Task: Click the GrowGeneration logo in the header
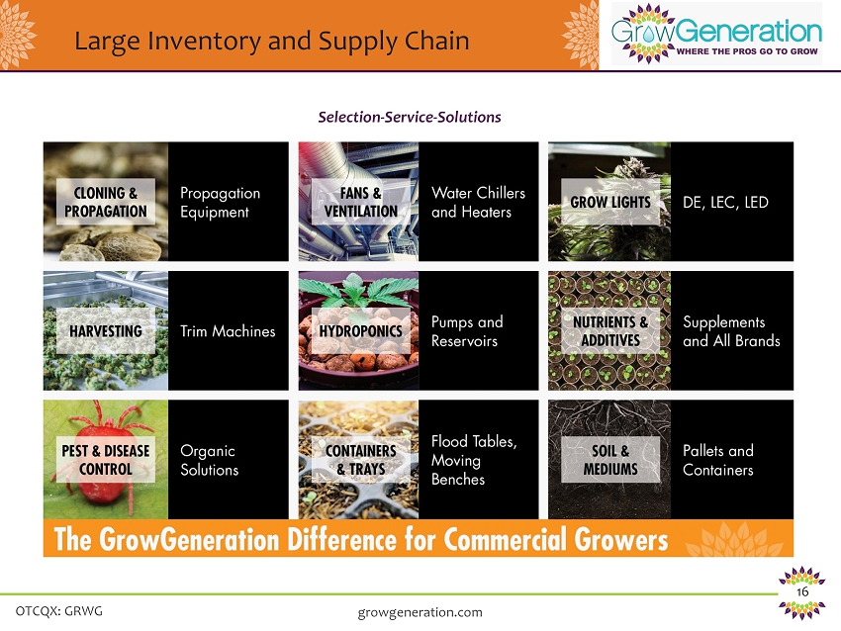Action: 716,34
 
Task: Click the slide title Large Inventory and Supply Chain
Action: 271,42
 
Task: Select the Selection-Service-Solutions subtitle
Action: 410,117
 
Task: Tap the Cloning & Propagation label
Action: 106,202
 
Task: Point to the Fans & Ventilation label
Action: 361,202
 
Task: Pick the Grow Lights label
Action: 610,202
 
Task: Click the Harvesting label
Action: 106,330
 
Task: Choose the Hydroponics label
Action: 361,330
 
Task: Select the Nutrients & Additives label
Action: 610,330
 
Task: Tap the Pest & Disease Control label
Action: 106,460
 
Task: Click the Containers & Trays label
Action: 361,460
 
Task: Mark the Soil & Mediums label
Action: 610,460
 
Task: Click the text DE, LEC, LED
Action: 725,202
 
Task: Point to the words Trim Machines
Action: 228,331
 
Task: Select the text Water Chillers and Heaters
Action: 479,202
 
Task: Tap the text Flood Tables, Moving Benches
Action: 474,460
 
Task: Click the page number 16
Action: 802,591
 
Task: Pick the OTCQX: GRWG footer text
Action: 59,611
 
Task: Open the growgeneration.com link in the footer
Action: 420,613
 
